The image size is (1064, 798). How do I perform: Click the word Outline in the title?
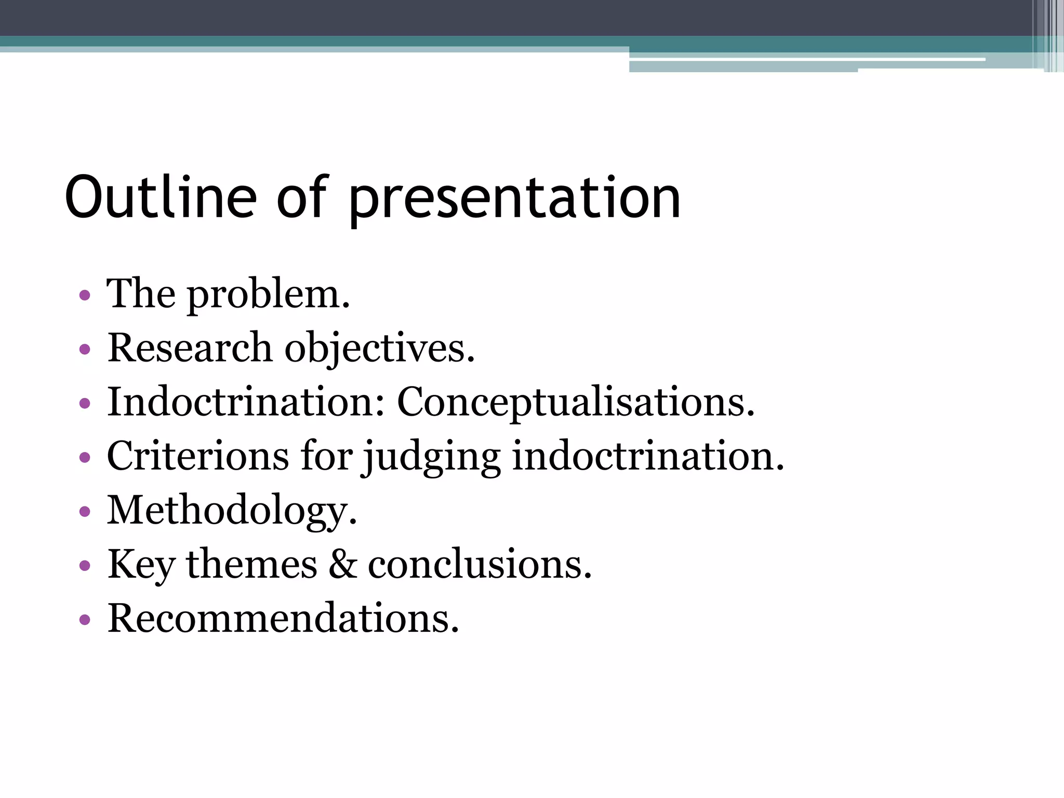161,197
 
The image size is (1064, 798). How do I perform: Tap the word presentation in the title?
514,200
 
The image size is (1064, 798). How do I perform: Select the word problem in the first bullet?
268,295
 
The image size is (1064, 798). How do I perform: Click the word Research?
190,348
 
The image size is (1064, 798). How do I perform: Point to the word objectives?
379,349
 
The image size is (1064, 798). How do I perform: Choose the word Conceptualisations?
576,403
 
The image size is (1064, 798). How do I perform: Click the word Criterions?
197,456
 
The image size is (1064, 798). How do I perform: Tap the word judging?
431,458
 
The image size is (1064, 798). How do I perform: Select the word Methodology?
232,511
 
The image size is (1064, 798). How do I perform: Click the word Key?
141,565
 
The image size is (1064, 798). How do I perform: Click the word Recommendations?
283,618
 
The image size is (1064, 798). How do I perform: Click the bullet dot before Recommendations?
85,619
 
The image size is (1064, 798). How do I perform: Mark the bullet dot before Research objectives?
85,350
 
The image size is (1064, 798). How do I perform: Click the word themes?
251,564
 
